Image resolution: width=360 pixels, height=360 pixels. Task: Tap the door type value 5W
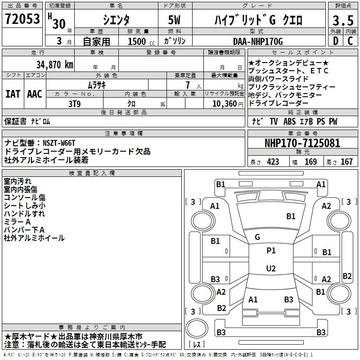pyautogui.click(x=175, y=20)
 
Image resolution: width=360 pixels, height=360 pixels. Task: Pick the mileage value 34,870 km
pyautogui.click(x=55, y=64)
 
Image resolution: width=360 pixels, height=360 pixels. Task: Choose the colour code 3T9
pyautogui.click(x=74, y=103)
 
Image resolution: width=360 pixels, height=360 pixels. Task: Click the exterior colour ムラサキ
pyautogui.click(x=96, y=85)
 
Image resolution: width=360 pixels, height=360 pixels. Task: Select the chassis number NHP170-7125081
pyautogui.click(x=302, y=144)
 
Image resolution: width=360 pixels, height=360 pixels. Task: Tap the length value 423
pyautogui.click(x=273, y=162)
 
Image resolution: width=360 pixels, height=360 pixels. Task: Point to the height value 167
pyautogui.click(x=346, y=162)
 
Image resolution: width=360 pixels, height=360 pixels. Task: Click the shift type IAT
pyautogui.click(x=13, y=94)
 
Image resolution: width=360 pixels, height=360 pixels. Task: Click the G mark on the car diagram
pyautogui.click(x=257, y=237)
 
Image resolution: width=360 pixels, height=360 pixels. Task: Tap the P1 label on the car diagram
pyautogui.click(x=271, y=251)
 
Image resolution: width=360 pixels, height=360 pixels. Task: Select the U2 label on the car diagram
pyautogui.click(x=271, y=269)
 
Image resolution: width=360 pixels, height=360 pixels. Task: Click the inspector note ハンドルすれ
pyautogui.click(x=24, y=214)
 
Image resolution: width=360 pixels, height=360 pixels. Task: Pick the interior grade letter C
pyautogui.click(x=351, y=41)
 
